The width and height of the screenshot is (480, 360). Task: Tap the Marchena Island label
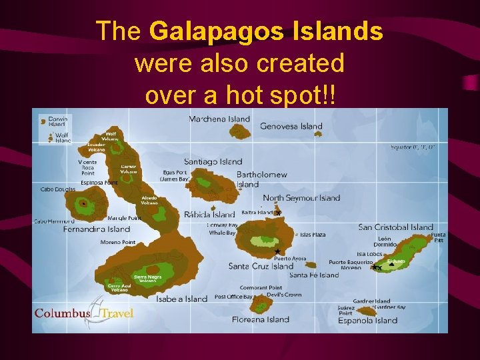click(x=219, y=119)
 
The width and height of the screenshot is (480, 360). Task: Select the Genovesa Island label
click(x=291, y=126)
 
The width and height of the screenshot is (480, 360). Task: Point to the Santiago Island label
click(x=213, y=161)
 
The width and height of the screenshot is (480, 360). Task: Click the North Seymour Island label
click(x=301, y=198)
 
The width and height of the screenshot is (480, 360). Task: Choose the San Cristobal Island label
click(x=395, y=227)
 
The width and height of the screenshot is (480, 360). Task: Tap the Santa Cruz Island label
click(x=261, y=266)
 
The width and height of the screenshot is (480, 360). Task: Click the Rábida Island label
click(x=210, y=215)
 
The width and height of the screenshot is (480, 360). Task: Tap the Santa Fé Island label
click(x=314, y=275)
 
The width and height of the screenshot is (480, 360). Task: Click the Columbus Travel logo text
click(x=83, y=313)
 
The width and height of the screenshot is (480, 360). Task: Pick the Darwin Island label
click(x=57, y=121)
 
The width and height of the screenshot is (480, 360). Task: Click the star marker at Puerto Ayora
click(x=277, y=251)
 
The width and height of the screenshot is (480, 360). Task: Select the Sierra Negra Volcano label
click(x=147, y=278)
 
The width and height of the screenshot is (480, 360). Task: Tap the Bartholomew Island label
click(x=261, y=179)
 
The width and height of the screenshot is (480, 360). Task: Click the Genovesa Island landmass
click(x=318, y=133)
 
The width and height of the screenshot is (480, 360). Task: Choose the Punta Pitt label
click(x=438, y=237)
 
